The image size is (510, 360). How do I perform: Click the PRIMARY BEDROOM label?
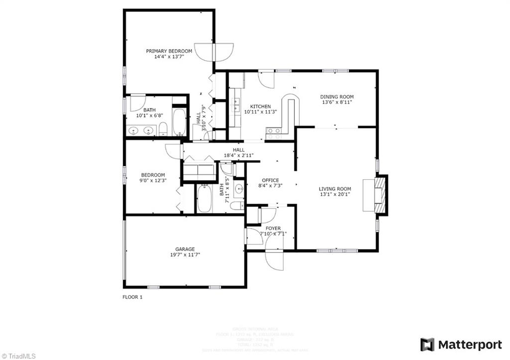click(169, 51)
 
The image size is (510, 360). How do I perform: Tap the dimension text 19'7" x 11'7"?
click(184, 255)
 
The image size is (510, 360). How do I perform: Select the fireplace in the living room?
click(381, 195)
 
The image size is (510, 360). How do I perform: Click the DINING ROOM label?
click(337, 97)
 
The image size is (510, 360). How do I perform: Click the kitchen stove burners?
click(273, 133)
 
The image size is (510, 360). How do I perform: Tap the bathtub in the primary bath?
click(179, 121)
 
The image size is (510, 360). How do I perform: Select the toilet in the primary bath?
click(163, 130)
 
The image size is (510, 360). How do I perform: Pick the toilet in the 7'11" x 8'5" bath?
click(238, 205)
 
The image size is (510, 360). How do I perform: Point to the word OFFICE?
click(270, 180)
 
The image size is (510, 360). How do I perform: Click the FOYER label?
click(272, 229)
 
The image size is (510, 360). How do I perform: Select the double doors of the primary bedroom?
click(214, 51)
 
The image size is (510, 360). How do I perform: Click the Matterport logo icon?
click(427, 345)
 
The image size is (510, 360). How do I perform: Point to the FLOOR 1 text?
click(132, 297)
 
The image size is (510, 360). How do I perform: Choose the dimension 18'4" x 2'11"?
click(239, 155)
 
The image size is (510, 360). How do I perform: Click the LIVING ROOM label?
click(335, 189)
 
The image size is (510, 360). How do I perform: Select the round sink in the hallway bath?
click(239, 188)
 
